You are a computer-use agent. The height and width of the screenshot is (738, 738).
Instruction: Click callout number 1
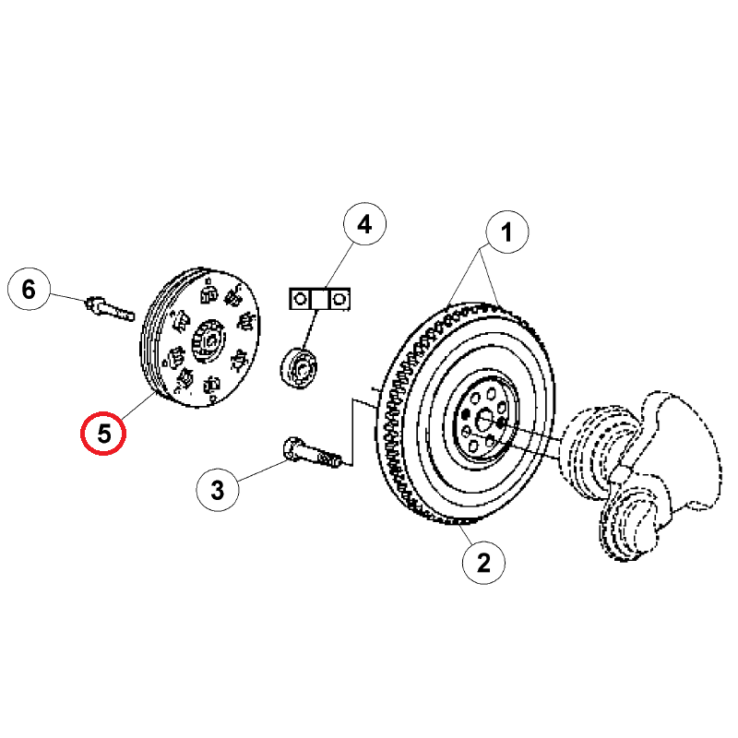[506, 232]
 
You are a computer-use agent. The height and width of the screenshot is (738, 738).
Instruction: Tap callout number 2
[483, 563]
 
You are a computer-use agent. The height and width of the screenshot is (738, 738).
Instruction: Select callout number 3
[217, 490]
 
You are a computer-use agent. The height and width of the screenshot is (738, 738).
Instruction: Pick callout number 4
[364, 223]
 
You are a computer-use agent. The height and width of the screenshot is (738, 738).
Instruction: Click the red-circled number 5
[103, 433]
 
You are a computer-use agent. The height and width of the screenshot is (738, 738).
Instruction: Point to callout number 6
[29, 289]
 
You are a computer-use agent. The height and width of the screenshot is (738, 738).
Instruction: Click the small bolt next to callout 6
[110, 309]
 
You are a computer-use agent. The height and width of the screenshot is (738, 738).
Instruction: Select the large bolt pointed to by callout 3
[312, 452]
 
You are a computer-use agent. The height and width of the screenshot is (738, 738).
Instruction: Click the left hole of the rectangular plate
[300, 299]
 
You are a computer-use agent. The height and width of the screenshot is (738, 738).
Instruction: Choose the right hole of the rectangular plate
[339, 299]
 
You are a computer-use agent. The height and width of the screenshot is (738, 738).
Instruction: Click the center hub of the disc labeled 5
[209, 341]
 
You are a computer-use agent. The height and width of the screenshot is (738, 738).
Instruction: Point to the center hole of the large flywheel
[482, 421]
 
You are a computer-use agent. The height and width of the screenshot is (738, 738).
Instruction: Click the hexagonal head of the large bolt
[292, 447]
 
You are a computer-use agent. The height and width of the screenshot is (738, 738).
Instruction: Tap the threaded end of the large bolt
[329, 458]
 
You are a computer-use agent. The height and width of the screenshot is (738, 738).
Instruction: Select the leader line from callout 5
[139, 406]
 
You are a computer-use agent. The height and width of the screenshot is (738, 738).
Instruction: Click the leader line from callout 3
[262, 470]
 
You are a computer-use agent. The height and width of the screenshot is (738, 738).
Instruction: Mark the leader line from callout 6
[67, 297]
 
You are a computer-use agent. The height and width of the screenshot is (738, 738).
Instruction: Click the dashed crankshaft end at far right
[640, 475]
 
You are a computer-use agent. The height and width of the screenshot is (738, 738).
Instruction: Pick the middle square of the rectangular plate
[319, 299]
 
